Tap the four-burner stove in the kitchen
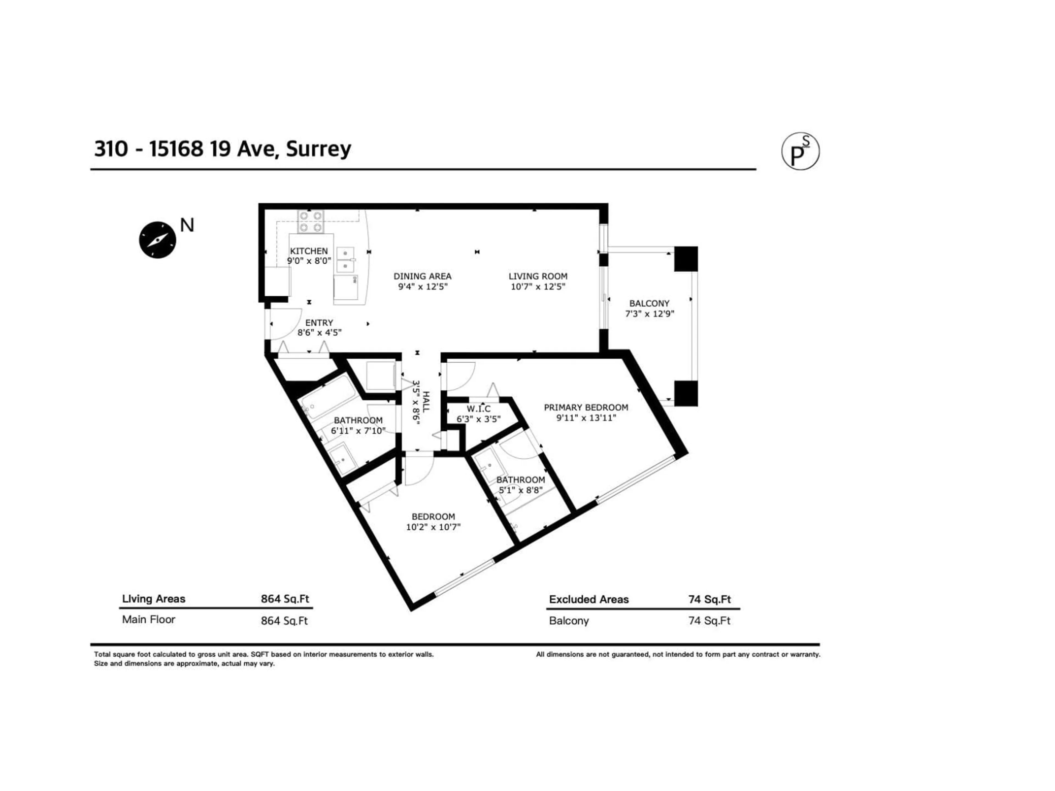(x=310, y=222)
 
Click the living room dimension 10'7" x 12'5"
(x=537, y=286)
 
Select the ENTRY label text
(x=319, y=323)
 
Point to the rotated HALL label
(x=426, y=402)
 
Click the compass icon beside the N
(x=157, y=240)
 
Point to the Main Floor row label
(x=149, y=619)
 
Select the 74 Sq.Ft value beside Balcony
(x=709, y=620)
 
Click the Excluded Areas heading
(x=588, y=599)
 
